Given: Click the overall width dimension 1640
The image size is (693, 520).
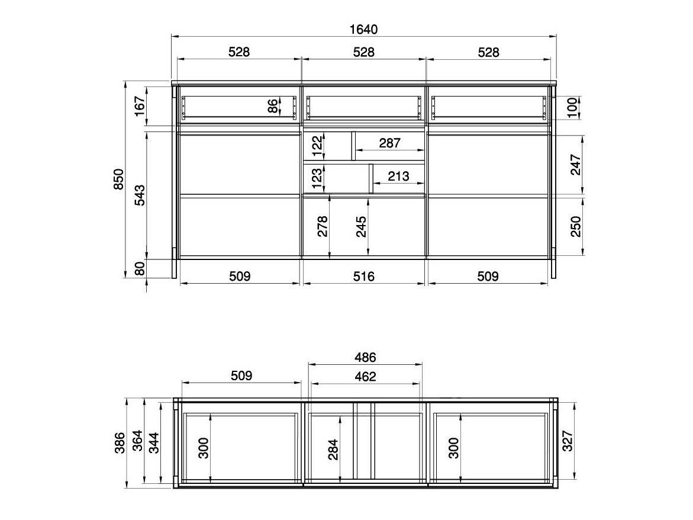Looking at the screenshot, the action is click(x=364, y=29).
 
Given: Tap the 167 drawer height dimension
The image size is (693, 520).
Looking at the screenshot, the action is click(x=140, y=106).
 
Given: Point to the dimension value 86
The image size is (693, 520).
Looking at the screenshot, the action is click(x=273, y=106).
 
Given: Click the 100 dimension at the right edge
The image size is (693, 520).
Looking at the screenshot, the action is click(x=572, y=108).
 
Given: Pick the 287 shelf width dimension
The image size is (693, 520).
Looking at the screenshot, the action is click(x=390, y=143).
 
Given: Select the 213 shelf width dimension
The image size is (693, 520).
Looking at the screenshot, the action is click(x=398, y=176).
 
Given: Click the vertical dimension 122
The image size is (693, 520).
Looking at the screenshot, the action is click(x=317, y=146).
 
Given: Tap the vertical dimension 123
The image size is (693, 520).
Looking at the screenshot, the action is click(x=317, y=178).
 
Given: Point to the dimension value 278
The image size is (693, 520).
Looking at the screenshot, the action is click(x=323, y=226).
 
